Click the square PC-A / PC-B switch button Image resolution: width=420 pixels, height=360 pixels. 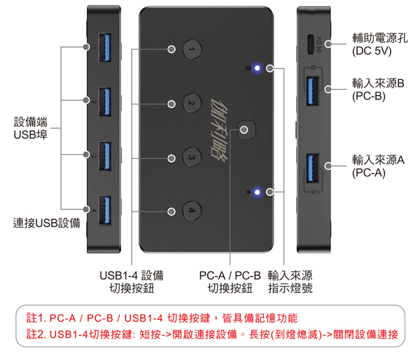[x=245, y=130]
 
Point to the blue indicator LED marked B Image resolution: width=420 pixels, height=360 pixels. [x=258, y=69]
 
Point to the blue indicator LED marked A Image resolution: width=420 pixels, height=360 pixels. [x=258, y=191]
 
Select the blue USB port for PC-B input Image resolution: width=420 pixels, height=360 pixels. [x=312, y=89]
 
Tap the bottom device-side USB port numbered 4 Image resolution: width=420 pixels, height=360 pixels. [x=104, y=208]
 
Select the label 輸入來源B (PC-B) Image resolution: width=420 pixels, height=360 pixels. [x=379, y=90]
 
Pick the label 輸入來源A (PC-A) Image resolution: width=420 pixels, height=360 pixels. [x=379, y=166]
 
